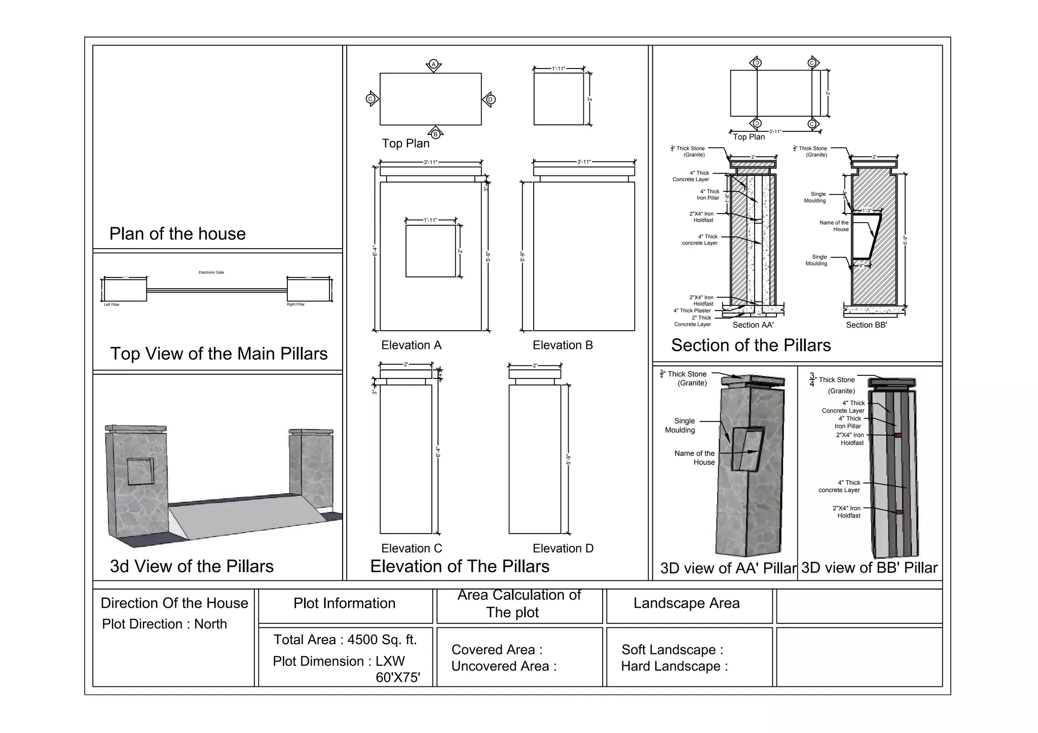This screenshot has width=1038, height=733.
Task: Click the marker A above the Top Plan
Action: pos(433,64)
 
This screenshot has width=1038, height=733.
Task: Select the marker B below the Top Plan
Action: pos(435,134)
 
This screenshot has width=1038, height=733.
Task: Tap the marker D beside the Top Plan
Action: pos(490,99)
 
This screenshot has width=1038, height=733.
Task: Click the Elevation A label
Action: pos(411,345)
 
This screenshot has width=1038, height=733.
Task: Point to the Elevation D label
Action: pos(563,548)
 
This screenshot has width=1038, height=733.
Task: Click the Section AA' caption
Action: pos(753,325)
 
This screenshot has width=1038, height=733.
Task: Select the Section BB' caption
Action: pos(866,325)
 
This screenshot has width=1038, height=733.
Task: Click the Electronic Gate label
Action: pos(211,272)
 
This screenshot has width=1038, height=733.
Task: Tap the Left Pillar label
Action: pos(112,305)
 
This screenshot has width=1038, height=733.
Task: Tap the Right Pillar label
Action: pos(295,305)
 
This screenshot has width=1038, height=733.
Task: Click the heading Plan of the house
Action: pos(177,234)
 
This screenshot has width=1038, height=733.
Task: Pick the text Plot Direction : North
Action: pos(164,624)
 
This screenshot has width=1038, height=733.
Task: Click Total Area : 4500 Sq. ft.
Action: pos(345,640)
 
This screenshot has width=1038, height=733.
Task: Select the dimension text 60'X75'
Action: pos(398,678)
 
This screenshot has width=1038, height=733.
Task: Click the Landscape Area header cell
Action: pos(686,603)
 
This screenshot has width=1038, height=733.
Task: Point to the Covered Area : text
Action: pos(497,650)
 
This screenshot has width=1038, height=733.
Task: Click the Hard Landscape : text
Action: pos(674,667)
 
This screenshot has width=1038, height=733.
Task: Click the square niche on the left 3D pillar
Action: pos(140,472)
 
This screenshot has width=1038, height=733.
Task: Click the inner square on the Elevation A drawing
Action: pos(431,251)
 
